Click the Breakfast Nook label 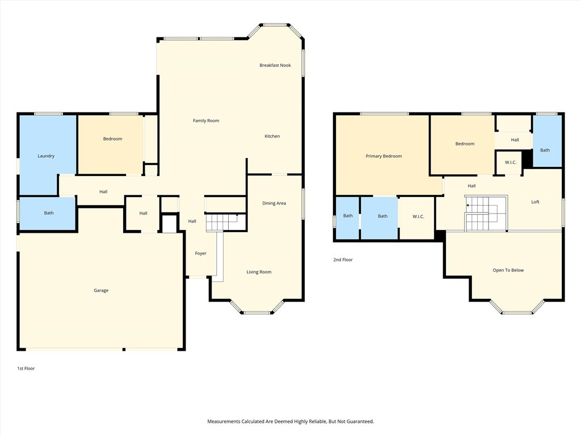click(275, 65)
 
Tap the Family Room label click(206, 120)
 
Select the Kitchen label click(272, 136)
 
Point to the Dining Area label click(274, 203)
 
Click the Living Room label click(259, 272)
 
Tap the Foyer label click(201, 253)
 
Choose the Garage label click(101, 290)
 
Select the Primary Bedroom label click(384, 156)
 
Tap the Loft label click(536, 202)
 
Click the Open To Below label click(508, 270)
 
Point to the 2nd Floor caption click(343, 259)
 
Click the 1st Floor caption click(26, 368)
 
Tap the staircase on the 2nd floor click(486, 213)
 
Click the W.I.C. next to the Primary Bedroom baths click(418, 216)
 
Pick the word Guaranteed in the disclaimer click(360, 422)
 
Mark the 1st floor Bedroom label click(113, 139)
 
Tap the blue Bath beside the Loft click(548, 141)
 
